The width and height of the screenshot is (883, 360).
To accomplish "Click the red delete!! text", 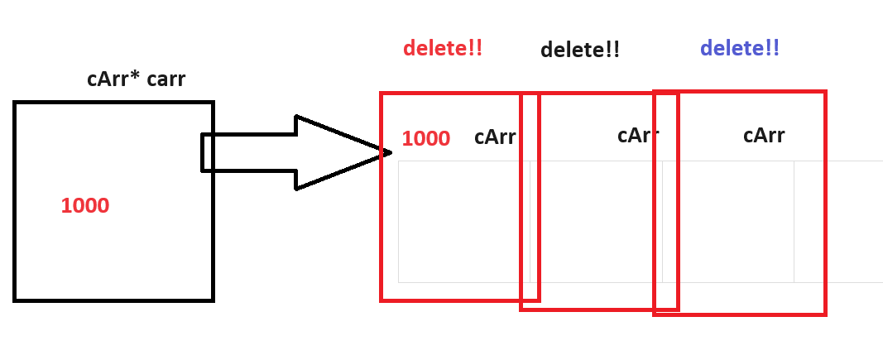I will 442,48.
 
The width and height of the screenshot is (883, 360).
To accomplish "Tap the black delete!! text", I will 579,50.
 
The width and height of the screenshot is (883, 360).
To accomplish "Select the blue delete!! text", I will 739,48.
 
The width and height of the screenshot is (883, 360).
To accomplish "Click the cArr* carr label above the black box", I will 136,79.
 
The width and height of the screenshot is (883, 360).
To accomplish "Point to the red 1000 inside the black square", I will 84,205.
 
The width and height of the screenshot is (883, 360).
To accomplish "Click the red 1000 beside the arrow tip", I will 425,138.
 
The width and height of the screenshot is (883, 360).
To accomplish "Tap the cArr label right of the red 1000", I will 494,137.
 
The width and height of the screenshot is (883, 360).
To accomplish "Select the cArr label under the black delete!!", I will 637,135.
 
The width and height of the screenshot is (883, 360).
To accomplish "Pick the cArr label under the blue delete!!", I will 763,135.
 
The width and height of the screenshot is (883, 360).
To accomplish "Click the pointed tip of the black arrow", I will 390,152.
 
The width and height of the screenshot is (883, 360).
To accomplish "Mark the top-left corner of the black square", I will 15,103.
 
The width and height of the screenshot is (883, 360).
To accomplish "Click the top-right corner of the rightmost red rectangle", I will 825,92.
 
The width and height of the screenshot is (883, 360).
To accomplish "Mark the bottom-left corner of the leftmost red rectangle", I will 382,300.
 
